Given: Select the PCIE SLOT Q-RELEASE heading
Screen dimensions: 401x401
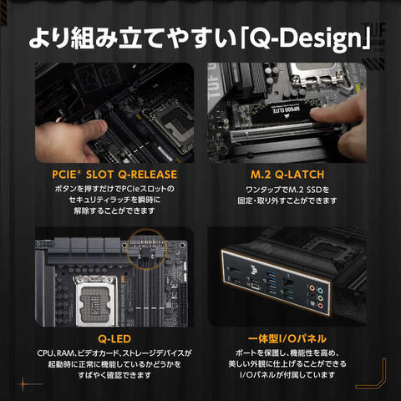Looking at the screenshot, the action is click(x=114, y=175).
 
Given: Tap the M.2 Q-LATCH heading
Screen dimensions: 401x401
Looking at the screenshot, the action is click(x=287, y=175).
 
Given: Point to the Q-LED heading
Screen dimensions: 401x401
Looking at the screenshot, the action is click(x=114, y=339).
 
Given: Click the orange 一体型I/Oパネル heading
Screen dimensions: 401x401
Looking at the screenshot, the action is click(x=287, y=339).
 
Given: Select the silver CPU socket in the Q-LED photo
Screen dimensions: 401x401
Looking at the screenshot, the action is click(x=97, y=301).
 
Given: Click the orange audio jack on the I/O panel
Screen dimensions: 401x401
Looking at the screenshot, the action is click(x=312, y=287).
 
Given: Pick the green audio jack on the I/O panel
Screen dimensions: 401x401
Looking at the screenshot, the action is click(x=321, y=298).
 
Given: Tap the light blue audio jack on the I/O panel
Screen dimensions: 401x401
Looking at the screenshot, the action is click(x=321, y=291).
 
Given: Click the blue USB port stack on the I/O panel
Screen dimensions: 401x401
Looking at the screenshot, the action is click(x=272, y=282).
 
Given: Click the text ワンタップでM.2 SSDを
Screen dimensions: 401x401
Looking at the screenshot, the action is click(x=287, y=190).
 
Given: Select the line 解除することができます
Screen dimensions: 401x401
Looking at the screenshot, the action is click(x=114, y=211).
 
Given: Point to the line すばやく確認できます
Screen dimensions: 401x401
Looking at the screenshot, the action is click(x=114, y=375).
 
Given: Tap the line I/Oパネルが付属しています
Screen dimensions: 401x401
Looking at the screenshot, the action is click(x=287, y=375).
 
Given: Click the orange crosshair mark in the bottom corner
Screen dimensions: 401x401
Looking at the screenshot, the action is click(x=23, y=384).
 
